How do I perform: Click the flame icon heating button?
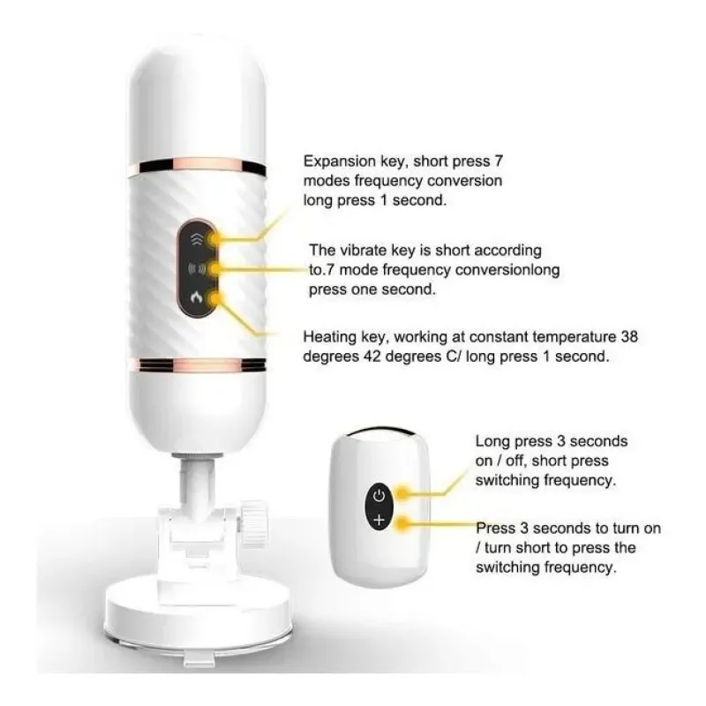196,297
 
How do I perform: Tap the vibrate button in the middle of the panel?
197,269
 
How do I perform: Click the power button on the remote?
379,496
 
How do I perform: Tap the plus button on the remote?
379,520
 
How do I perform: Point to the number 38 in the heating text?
629,336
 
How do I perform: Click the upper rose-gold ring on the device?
198,166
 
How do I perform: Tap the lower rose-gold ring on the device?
197,364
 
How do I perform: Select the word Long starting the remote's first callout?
492,441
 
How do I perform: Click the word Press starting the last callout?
496,528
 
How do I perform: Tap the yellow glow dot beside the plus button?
402,522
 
